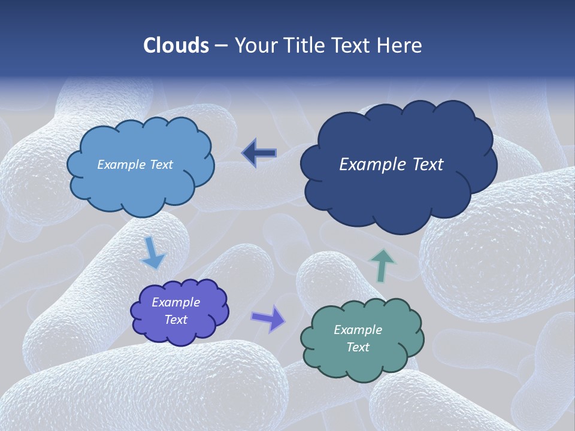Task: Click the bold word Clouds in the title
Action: (176, 45)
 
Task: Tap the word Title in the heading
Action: (308, 45)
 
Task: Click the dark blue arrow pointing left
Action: (259, 154)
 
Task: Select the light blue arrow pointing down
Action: (152, 254)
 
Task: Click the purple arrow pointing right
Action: (269, 318)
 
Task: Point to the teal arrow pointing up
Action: (383, 265)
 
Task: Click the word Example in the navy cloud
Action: (366, 165)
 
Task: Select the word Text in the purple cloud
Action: (175, 320)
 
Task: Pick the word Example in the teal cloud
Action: (358, 330)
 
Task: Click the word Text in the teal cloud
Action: (358, 347)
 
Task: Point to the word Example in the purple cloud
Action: (175, 303)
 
